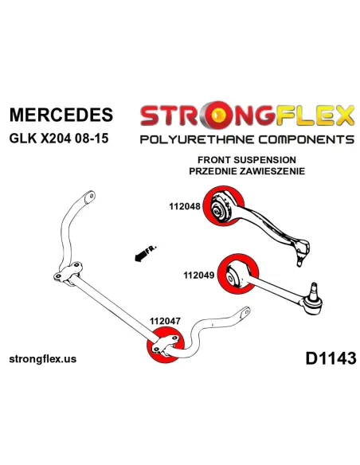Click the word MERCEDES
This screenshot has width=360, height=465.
coord(61,115)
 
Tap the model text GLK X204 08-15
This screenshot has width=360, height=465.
coord(59,139)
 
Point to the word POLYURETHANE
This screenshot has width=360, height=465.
coord(197,139)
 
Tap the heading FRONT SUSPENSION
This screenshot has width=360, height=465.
coord(247,160)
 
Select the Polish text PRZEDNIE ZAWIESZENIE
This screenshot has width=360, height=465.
coord(247,171)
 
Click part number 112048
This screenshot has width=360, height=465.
coord(185,206)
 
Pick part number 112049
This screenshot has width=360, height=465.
coord(198,275)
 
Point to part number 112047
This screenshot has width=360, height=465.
coord(165,321)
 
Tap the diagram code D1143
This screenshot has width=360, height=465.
coord(331,358)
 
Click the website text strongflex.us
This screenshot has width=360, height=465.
coord(43,359)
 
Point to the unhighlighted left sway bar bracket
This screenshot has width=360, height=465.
coord(68,274)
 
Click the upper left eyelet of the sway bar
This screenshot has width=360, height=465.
coord(89,197)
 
